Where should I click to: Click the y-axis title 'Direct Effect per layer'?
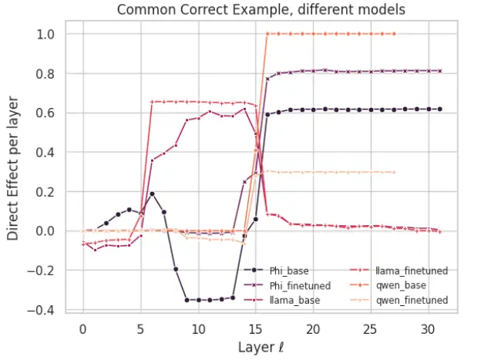pos(13,168)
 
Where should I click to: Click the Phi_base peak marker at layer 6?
pos(152,193)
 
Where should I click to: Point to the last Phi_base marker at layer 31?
pos(440,109)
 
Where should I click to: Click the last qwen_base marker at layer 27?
pos(394,34)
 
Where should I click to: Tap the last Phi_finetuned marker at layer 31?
pos(440,71)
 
